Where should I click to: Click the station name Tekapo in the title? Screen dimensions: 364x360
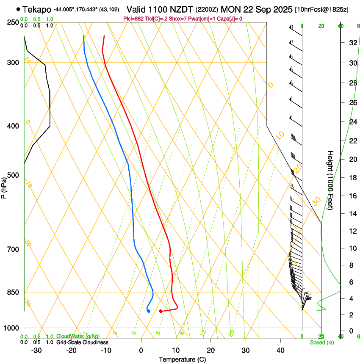pyautogui.click(x=37, y=9)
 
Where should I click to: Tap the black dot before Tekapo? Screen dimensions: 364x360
pyautogui.click(x=18, y=9)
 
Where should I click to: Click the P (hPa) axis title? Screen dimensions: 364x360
pyautogui.click(x=4, y=186)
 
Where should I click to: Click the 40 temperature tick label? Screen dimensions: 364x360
pyautogui.click(x=280, y=350)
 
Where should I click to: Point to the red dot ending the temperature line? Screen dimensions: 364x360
pyautogui.click(x=161, y=311)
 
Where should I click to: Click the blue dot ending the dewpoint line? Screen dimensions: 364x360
pyautogui.click(x=149, y=311)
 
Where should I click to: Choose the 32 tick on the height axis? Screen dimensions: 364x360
pyautogui.click(x=352, y=43)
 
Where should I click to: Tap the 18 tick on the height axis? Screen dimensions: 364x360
pyautogui.click(x=352, y=178)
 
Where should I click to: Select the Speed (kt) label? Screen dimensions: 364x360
pyautogui.click(x=321, y=342)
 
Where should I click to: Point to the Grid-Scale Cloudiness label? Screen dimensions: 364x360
pyautogui.click(x=82, y=342)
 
